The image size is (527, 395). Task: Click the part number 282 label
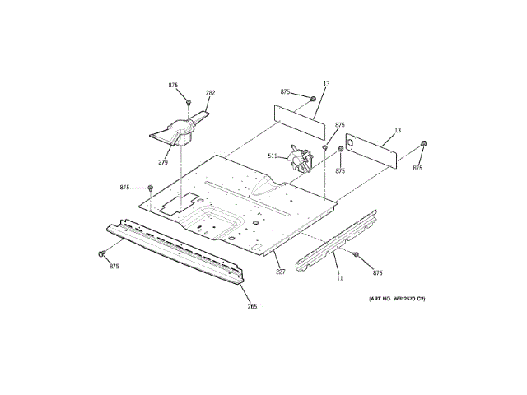click(x=210, y=93)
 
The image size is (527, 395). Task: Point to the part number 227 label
click(x=280, y=272)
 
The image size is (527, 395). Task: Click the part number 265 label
click(x=252, y=306)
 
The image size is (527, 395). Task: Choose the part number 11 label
click(x=339, y=278)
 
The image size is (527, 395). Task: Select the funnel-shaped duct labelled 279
click(x=180, y=131)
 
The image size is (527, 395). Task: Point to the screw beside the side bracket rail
click(x=356, y=254)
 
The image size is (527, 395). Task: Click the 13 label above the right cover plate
click(x=397, y=131)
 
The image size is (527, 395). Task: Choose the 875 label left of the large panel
click(x=124, y=188)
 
